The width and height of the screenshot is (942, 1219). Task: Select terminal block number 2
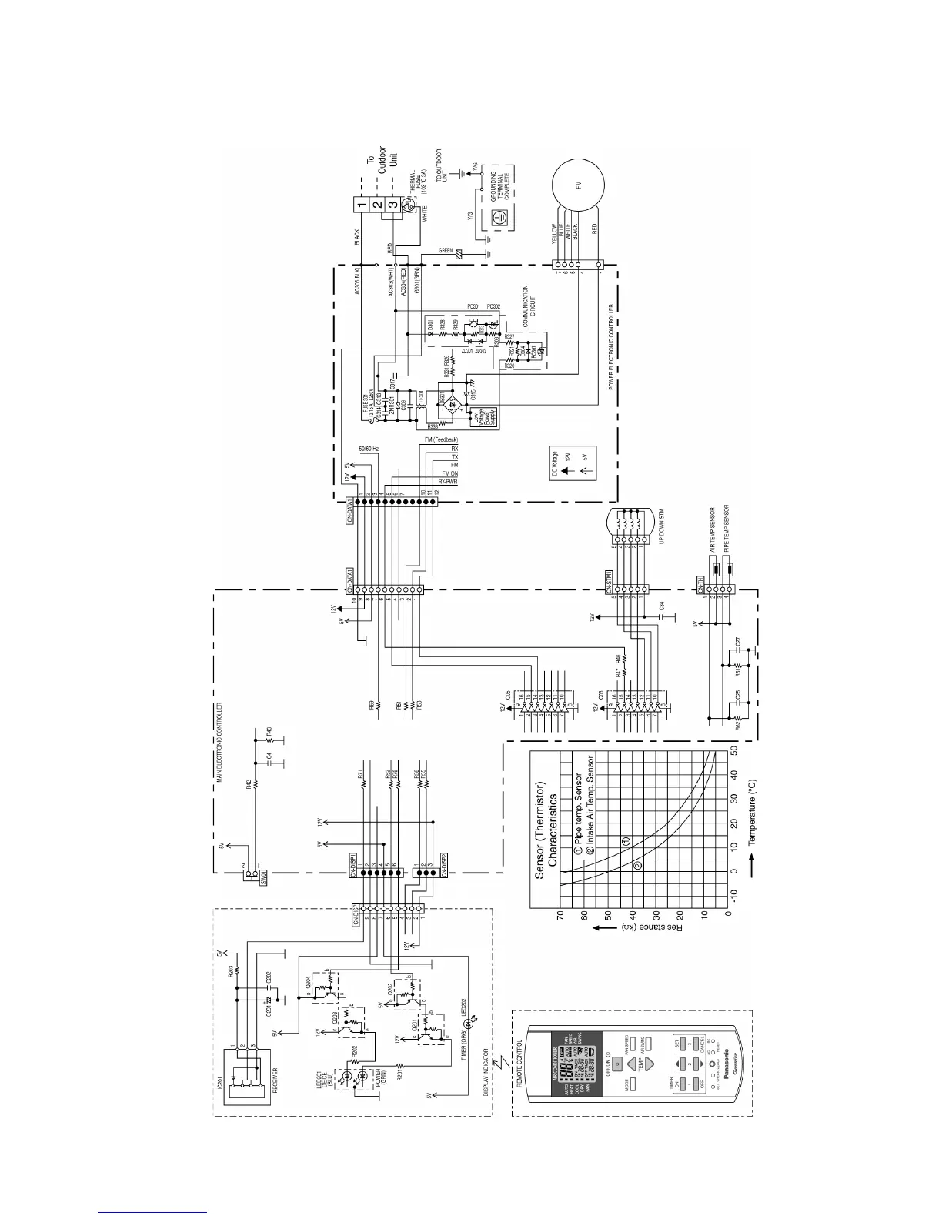[x=376, y=205]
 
